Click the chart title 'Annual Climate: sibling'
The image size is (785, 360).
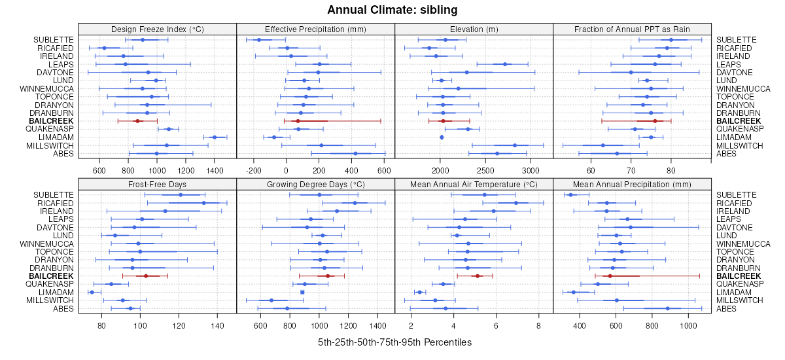[392, 10]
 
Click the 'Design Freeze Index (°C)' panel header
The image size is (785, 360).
[157, 29]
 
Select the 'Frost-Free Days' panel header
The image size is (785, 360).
[157, 184]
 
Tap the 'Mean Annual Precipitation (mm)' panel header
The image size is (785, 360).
[631, 184]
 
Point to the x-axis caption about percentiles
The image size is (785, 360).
[394, 342]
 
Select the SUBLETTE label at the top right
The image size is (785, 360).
[737, 40]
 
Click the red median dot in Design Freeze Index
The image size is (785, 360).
[137, 121]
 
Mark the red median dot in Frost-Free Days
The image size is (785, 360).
[146, 276]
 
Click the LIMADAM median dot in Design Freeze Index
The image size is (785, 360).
[215, 137]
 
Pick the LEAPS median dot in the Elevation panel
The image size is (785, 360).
[505, 64]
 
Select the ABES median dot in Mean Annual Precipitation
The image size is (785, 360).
[668, 308]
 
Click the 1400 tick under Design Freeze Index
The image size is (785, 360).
[215, 171]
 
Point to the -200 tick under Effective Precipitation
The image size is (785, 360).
[253, 171]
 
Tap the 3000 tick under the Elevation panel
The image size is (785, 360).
[531, 171]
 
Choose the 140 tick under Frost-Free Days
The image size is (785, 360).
[218, 325]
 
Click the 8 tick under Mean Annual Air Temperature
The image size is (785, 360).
[538, 325]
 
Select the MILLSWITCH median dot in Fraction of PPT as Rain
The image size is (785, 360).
[602, 145]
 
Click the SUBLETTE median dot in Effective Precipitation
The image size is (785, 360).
[258, 40]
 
